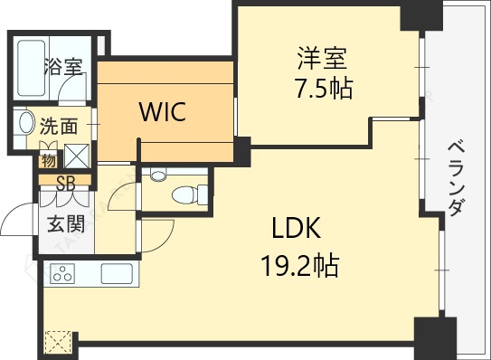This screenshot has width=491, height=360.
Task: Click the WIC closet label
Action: point(163,111)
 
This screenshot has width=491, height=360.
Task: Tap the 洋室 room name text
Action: point(322,58)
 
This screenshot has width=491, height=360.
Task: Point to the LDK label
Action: point(297,228)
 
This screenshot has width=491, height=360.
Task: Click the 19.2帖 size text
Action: point(300,265)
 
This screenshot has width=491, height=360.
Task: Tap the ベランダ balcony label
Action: point(456,178)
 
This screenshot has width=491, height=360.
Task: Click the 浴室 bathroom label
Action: point(63,67)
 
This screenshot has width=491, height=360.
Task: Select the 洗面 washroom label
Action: point(59,126)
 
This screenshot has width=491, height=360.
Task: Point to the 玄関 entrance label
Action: point(66,223)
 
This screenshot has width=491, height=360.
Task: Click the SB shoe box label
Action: point(66,184)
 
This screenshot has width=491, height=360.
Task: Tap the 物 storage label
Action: point(49,161)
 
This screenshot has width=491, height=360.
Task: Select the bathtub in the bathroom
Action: point(32,68)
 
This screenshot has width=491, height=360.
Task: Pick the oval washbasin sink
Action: point(26,122)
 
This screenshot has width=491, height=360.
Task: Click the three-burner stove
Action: point(63,273)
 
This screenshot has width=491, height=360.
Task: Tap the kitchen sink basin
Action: point(117,273)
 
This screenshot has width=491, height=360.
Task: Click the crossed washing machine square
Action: point(77,156)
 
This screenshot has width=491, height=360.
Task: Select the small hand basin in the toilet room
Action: point(158,175)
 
